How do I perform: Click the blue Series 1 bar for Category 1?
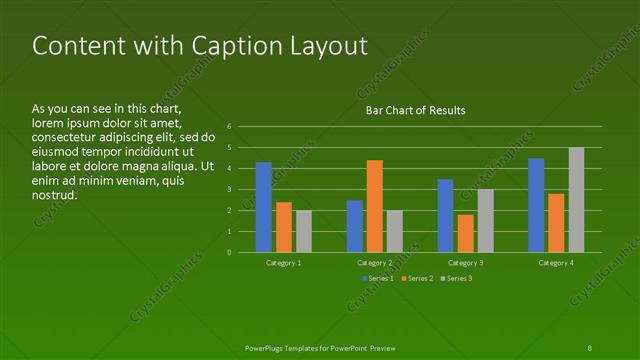[264, 207]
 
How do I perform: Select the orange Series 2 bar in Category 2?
[375, 206]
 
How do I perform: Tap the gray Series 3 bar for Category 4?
[576, 200]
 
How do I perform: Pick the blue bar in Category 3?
[445, 216]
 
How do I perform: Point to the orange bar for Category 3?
[465, 233]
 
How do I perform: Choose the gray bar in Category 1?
[304, 231]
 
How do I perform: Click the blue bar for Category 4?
[536, 205]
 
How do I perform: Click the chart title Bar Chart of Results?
[415, 110]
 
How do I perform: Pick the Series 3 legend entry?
[458, 277]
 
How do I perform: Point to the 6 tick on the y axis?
[229, 127]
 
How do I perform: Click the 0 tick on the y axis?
[229, 252]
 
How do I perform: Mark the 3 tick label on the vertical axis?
[229, 189]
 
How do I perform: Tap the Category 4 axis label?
[556, 262]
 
